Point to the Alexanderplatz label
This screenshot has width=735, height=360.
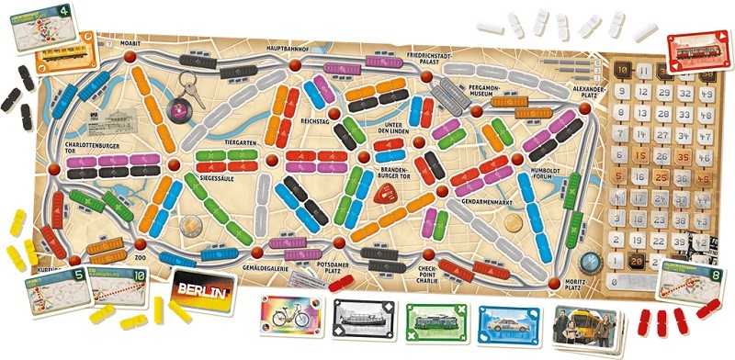[x=586, y=91]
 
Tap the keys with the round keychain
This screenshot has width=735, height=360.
[x=186, y=93]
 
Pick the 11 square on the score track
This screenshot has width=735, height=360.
[x=644, y=72]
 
